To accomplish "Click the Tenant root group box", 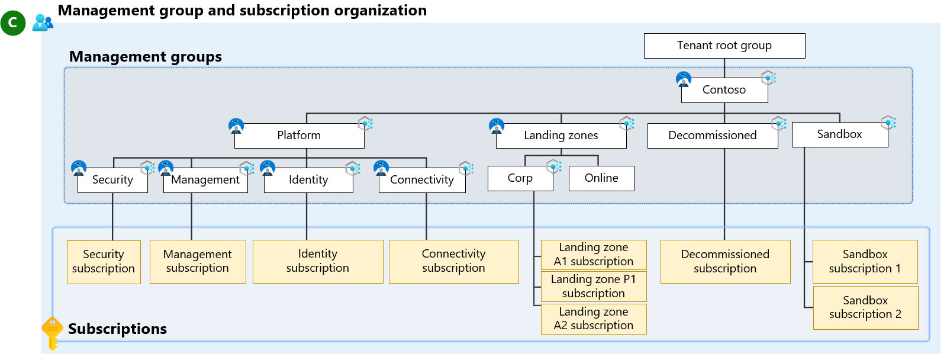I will [724, 46].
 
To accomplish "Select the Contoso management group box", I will [724, 90].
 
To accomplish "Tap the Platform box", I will [299, 136].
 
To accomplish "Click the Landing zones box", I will [561, 136].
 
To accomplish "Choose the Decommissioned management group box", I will [712, 136].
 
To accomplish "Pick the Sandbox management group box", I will [839, 134].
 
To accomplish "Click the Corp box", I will [520, 178].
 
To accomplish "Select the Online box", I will [601, 178].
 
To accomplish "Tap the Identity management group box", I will [308, 180].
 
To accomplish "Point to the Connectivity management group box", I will [421, 180].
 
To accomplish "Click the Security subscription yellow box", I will [104, 262].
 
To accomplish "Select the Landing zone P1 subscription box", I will [593, 287].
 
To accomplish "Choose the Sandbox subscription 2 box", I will [865, 308].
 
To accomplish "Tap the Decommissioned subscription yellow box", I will [725, 262].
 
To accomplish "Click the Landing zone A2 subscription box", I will [593, 319].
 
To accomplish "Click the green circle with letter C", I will [12, 23].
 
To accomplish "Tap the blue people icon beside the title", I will [43, 22].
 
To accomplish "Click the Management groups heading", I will [146, 57].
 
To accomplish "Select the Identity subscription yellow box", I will [317, 261].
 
